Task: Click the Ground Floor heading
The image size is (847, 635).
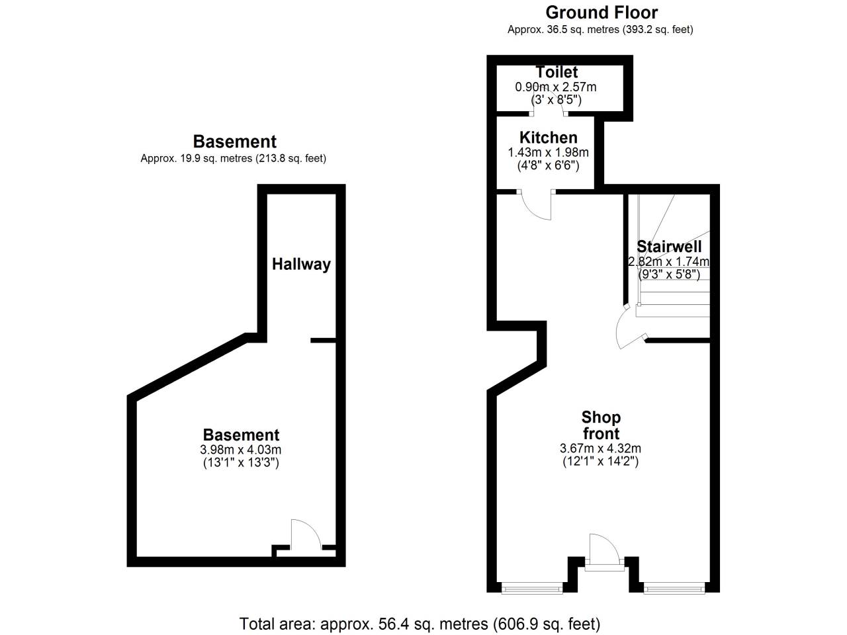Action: tap(601, 13)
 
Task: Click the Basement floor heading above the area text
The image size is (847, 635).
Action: tap(234, 142)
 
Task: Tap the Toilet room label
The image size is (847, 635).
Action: tap(557, 72)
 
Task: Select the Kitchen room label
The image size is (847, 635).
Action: tap(548, 138)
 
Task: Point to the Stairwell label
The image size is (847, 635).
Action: tap(668, 247)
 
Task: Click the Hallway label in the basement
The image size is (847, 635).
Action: tap(301, 264)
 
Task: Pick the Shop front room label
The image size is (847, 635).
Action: tap(601, 425)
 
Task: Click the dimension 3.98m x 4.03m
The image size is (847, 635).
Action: tap(241, 450)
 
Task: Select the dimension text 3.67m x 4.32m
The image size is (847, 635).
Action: tap(600, 448)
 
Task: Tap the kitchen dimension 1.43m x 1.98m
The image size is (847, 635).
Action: tap(548, 152)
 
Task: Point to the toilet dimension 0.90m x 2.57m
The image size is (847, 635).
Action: tap(556, 87)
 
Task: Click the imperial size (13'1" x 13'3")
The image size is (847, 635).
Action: tap(241, 463)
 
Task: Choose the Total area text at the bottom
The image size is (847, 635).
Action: tap(420, 623)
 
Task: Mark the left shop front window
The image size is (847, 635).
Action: tap(531, 587)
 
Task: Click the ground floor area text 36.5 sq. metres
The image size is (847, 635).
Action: tap(600, 29)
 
